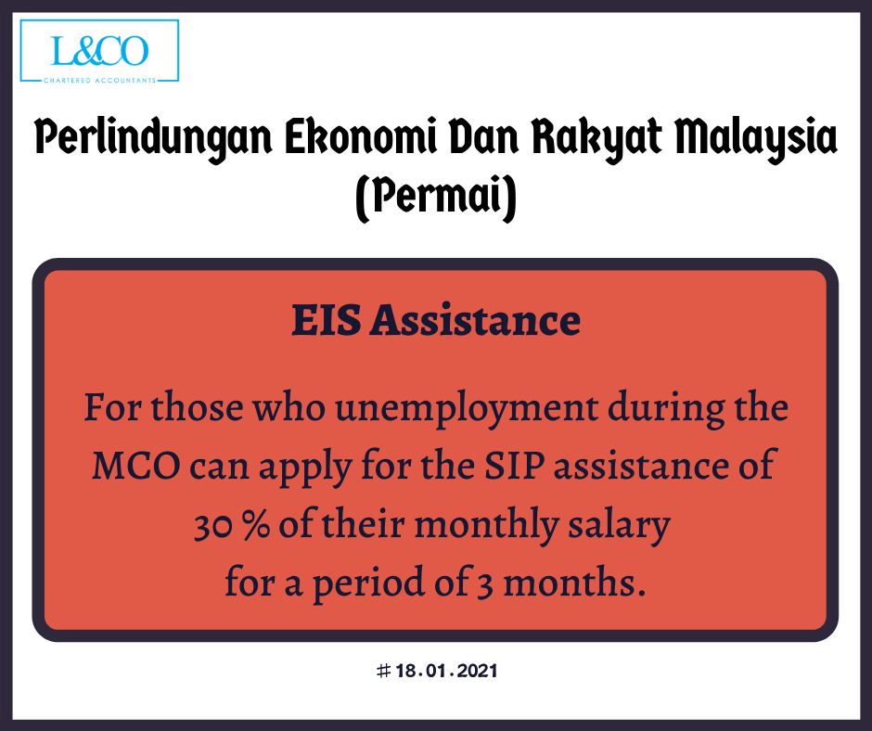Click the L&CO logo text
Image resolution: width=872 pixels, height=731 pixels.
coord(99,51)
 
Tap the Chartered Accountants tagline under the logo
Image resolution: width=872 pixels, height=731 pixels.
coord(99,81)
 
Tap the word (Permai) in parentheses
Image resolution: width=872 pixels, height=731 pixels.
coord(436,197)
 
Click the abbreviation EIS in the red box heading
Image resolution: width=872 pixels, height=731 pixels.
coord(327,320)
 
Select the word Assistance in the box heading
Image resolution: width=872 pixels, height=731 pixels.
coord(476,320)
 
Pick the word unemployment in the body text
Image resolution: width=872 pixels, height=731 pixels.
coord(467,409)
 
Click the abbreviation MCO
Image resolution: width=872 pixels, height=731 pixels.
coord(136,466)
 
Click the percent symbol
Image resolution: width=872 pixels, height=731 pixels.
coord(256,526)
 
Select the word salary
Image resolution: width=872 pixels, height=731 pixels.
coord(619,526)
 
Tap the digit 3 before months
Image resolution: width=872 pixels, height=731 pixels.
coord(484,585)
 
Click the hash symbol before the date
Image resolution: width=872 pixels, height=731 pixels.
coord(383,671)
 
